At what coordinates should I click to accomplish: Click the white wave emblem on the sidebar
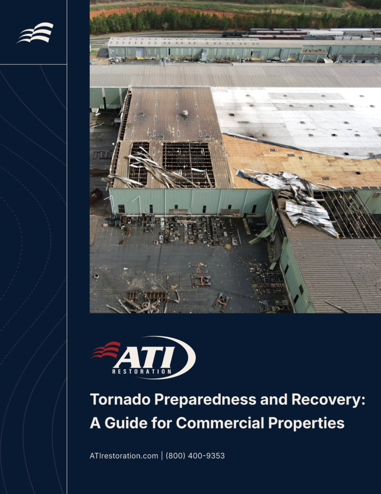pos(35,32)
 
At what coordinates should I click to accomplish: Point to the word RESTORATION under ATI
pos(141,371)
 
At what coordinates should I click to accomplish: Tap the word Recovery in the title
pos(328,400)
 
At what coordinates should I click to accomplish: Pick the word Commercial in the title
pos(220,423)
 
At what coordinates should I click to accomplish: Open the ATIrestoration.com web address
pos(124,456)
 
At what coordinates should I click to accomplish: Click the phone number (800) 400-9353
pos(195,456)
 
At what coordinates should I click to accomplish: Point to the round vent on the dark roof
pos(185,113)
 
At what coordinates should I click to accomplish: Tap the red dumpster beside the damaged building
pos(96,195)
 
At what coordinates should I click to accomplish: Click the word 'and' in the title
pos(274,400)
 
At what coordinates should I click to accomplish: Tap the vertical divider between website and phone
pos(162,456)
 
